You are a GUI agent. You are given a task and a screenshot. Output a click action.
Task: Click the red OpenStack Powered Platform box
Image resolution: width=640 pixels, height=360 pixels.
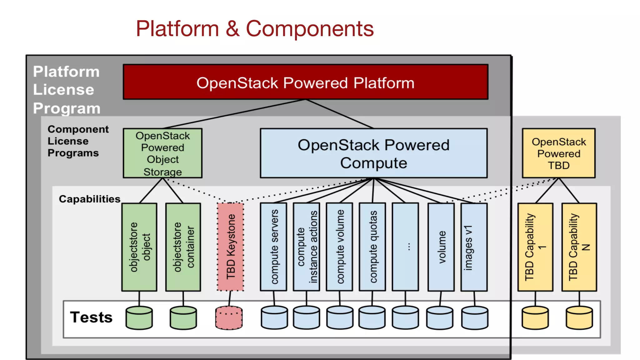(x=305, y=82)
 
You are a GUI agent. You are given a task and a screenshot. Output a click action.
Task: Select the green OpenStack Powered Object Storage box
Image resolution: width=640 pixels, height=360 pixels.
(x=162, y=153)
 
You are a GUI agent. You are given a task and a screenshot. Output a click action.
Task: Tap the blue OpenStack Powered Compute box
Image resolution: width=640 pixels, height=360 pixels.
(x=373, y=153)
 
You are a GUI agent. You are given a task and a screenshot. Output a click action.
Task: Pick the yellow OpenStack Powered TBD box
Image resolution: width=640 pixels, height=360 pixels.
(x=558, y=153)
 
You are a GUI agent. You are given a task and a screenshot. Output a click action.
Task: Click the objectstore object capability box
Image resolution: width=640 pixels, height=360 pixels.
(x=139, y=247)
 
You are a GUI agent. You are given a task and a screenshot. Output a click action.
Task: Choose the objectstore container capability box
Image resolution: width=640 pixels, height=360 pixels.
(x=183, y=247)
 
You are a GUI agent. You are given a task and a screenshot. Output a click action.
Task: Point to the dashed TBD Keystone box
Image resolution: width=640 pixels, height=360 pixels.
(x=231, y=247)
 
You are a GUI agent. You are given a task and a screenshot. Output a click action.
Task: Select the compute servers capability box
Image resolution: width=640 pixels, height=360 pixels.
(x=273, y=247)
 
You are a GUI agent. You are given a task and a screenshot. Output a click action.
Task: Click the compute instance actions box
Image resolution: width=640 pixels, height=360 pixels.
(x=306, y=247)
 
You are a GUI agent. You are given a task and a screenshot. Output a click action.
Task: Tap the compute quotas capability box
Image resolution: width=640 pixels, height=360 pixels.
(x=372, y=247)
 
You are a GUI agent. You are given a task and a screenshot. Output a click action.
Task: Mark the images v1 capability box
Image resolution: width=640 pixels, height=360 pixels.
(x=474, y=247)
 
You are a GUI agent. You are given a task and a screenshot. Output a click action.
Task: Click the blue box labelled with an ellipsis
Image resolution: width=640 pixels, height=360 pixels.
(x=405, y=247)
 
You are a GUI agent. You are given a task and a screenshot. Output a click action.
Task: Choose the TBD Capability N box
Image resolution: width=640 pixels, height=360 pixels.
(x=579, y=247)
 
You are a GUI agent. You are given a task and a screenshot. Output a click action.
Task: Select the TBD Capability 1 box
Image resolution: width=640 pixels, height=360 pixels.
(x=535, y=247)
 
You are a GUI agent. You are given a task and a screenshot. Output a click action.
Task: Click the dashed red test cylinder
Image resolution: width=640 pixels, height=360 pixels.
(x=229, y=318)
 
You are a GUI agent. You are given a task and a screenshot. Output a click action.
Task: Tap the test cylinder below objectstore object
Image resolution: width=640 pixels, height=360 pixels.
(x=139, y=318)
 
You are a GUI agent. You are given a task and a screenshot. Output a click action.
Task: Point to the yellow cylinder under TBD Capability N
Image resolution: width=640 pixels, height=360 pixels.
(x=579, y=318)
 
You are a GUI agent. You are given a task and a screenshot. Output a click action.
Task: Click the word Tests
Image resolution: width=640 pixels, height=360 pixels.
(x=91, y=317)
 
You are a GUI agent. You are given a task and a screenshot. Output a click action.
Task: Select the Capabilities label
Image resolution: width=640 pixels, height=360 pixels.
(x=89, y=199)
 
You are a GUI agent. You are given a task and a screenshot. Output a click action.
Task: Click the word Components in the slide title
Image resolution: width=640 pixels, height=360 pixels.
(x=310, y=29)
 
